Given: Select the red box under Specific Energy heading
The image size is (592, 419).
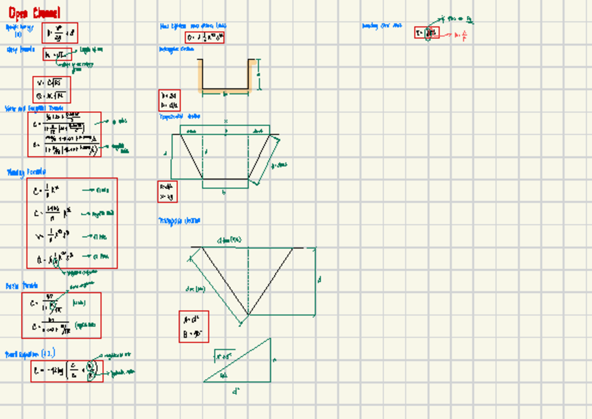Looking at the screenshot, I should coord(60,33).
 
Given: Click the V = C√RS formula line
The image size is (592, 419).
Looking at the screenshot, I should coord(52,83).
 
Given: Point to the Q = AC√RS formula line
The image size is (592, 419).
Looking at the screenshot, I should coord(52,96).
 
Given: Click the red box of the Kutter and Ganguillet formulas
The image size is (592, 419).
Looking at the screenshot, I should coord(64,134).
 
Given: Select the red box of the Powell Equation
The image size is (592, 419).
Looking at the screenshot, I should coord(67,371).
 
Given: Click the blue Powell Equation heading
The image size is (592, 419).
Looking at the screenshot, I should coord(30,354).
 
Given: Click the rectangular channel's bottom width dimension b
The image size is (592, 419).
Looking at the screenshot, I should coord(225,94).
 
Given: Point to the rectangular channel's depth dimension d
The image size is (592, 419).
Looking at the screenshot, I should coord(259,74).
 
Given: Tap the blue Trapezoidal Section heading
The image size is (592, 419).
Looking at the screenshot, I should coord(180,117).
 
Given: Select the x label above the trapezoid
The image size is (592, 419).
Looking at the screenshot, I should coord(225,121).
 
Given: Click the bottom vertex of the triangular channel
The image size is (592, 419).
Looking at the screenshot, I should coord(248,314).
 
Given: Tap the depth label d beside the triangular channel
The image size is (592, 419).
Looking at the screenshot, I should coord(319,280).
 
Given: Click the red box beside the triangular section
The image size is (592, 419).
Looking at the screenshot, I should coord(193,326).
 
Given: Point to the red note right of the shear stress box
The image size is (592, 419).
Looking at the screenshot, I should coord(461,35).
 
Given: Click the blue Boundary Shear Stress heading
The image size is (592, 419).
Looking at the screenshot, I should coord(382,26).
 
